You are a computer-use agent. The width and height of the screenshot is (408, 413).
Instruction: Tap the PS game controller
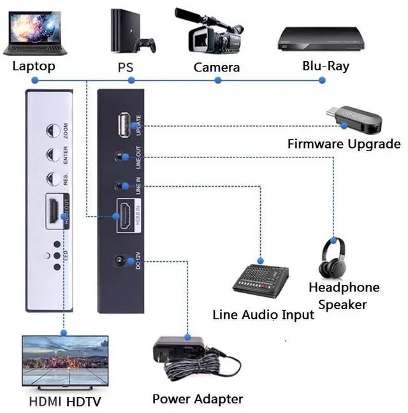[x=147, y=45]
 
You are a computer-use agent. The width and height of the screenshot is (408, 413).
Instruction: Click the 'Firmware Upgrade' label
[x=344, y=143]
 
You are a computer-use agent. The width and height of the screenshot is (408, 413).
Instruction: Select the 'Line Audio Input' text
[x=263, y=315]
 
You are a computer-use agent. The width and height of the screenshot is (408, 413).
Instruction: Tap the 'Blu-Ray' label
[x=325, y=65]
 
